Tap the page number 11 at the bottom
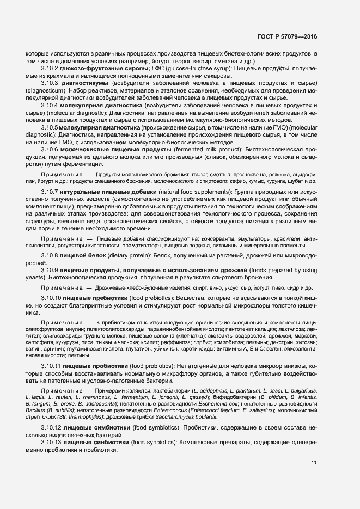tap(314, 462)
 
